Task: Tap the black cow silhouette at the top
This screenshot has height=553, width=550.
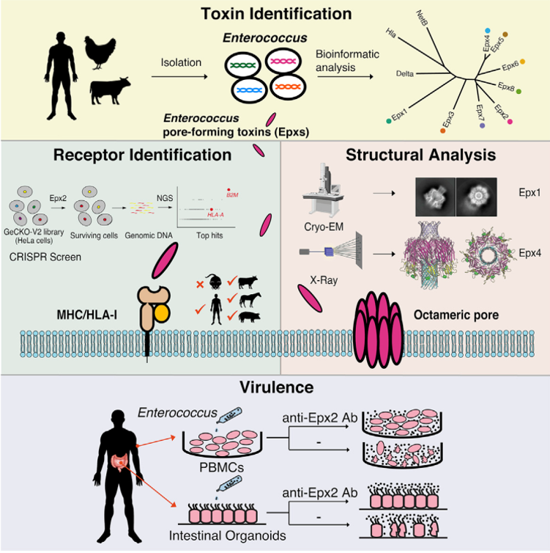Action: [110, 92]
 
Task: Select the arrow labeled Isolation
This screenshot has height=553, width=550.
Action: [181, 75]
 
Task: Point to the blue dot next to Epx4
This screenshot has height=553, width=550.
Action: [488, 30]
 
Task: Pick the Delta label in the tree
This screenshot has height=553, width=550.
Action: [405, 73]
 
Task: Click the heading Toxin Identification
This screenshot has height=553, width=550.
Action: [277, 12]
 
